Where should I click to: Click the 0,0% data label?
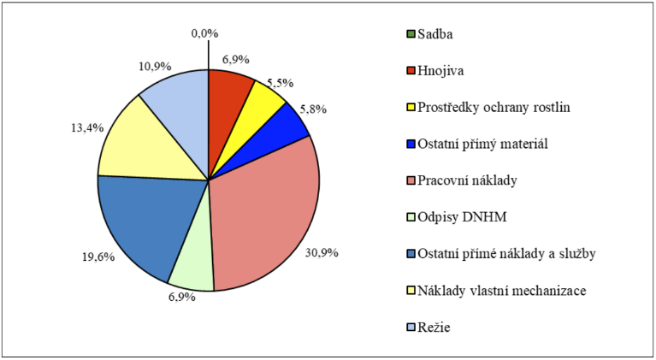click(x=205, y=33)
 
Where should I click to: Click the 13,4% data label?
click(x=87, y=127)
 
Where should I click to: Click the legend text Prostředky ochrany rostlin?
click(x=493, y=108)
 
